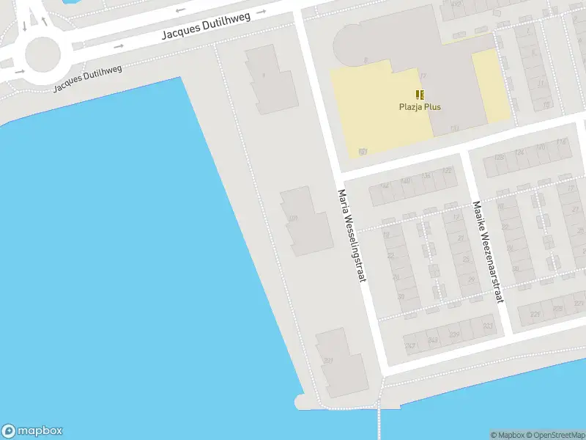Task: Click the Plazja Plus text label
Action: (x=420, y=107)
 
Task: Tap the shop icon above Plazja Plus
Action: (x=419, y=95)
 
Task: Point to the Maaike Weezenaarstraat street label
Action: (x=488, y=252)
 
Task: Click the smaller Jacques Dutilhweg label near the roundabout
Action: (x=87, y=78)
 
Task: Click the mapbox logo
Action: (x=32, y=431)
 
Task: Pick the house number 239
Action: (x=454, y=334)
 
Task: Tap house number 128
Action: (x=500, y=157)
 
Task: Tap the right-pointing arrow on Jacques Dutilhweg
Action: (x=119, y=45)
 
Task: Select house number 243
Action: (x=432, y=340)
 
